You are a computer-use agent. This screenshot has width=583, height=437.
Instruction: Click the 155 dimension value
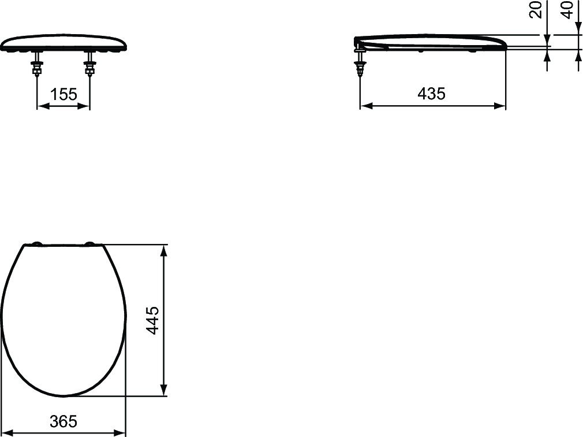click(x=63, y=95)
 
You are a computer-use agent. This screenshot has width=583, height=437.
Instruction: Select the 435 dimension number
click(x=431, y=94)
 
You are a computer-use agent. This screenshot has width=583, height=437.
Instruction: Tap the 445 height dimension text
click(x=152, y=320)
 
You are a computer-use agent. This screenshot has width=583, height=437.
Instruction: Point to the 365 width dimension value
click(x=63, y=421)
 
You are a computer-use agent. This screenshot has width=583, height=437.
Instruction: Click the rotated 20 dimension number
click(x=536, y=10)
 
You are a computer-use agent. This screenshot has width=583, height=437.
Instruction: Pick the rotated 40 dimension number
click(x=567, y=10)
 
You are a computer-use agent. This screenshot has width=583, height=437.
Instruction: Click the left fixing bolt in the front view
click(x=37, y=64)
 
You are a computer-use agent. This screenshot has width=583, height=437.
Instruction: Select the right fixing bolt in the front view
click(x=89, y=64)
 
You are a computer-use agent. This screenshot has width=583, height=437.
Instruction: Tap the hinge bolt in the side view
click(x=360, y=63)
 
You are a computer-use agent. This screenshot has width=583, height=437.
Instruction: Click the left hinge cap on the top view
click(x=37, y=244)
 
